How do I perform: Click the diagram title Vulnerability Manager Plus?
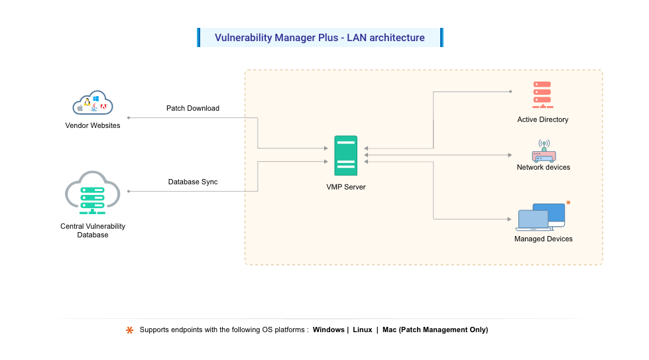click(x=320, y=38)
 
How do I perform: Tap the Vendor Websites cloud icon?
click(x=93, y=104)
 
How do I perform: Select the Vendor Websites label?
click(x=93, y=125)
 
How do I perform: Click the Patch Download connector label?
click(x=193, y=108)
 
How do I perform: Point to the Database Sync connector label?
click(x=193, y=182)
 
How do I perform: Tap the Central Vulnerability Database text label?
click(x=93, y=230)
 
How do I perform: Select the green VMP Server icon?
click(x=346, y=156)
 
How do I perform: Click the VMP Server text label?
click(x=346, y=187)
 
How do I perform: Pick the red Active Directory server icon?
click(x=542, y=95)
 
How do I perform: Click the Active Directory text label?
click(x=543, y=120)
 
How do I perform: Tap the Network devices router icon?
click(x=544, y=151)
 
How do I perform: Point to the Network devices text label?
click(x=544, y=168)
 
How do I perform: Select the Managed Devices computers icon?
click(x=542, y=217)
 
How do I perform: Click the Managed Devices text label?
click(x=544, y=239)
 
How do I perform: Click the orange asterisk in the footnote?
click(x=130, y=330)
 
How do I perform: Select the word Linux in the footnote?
click(x=362, y=330)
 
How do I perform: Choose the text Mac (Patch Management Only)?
click(x=435, y=330)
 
